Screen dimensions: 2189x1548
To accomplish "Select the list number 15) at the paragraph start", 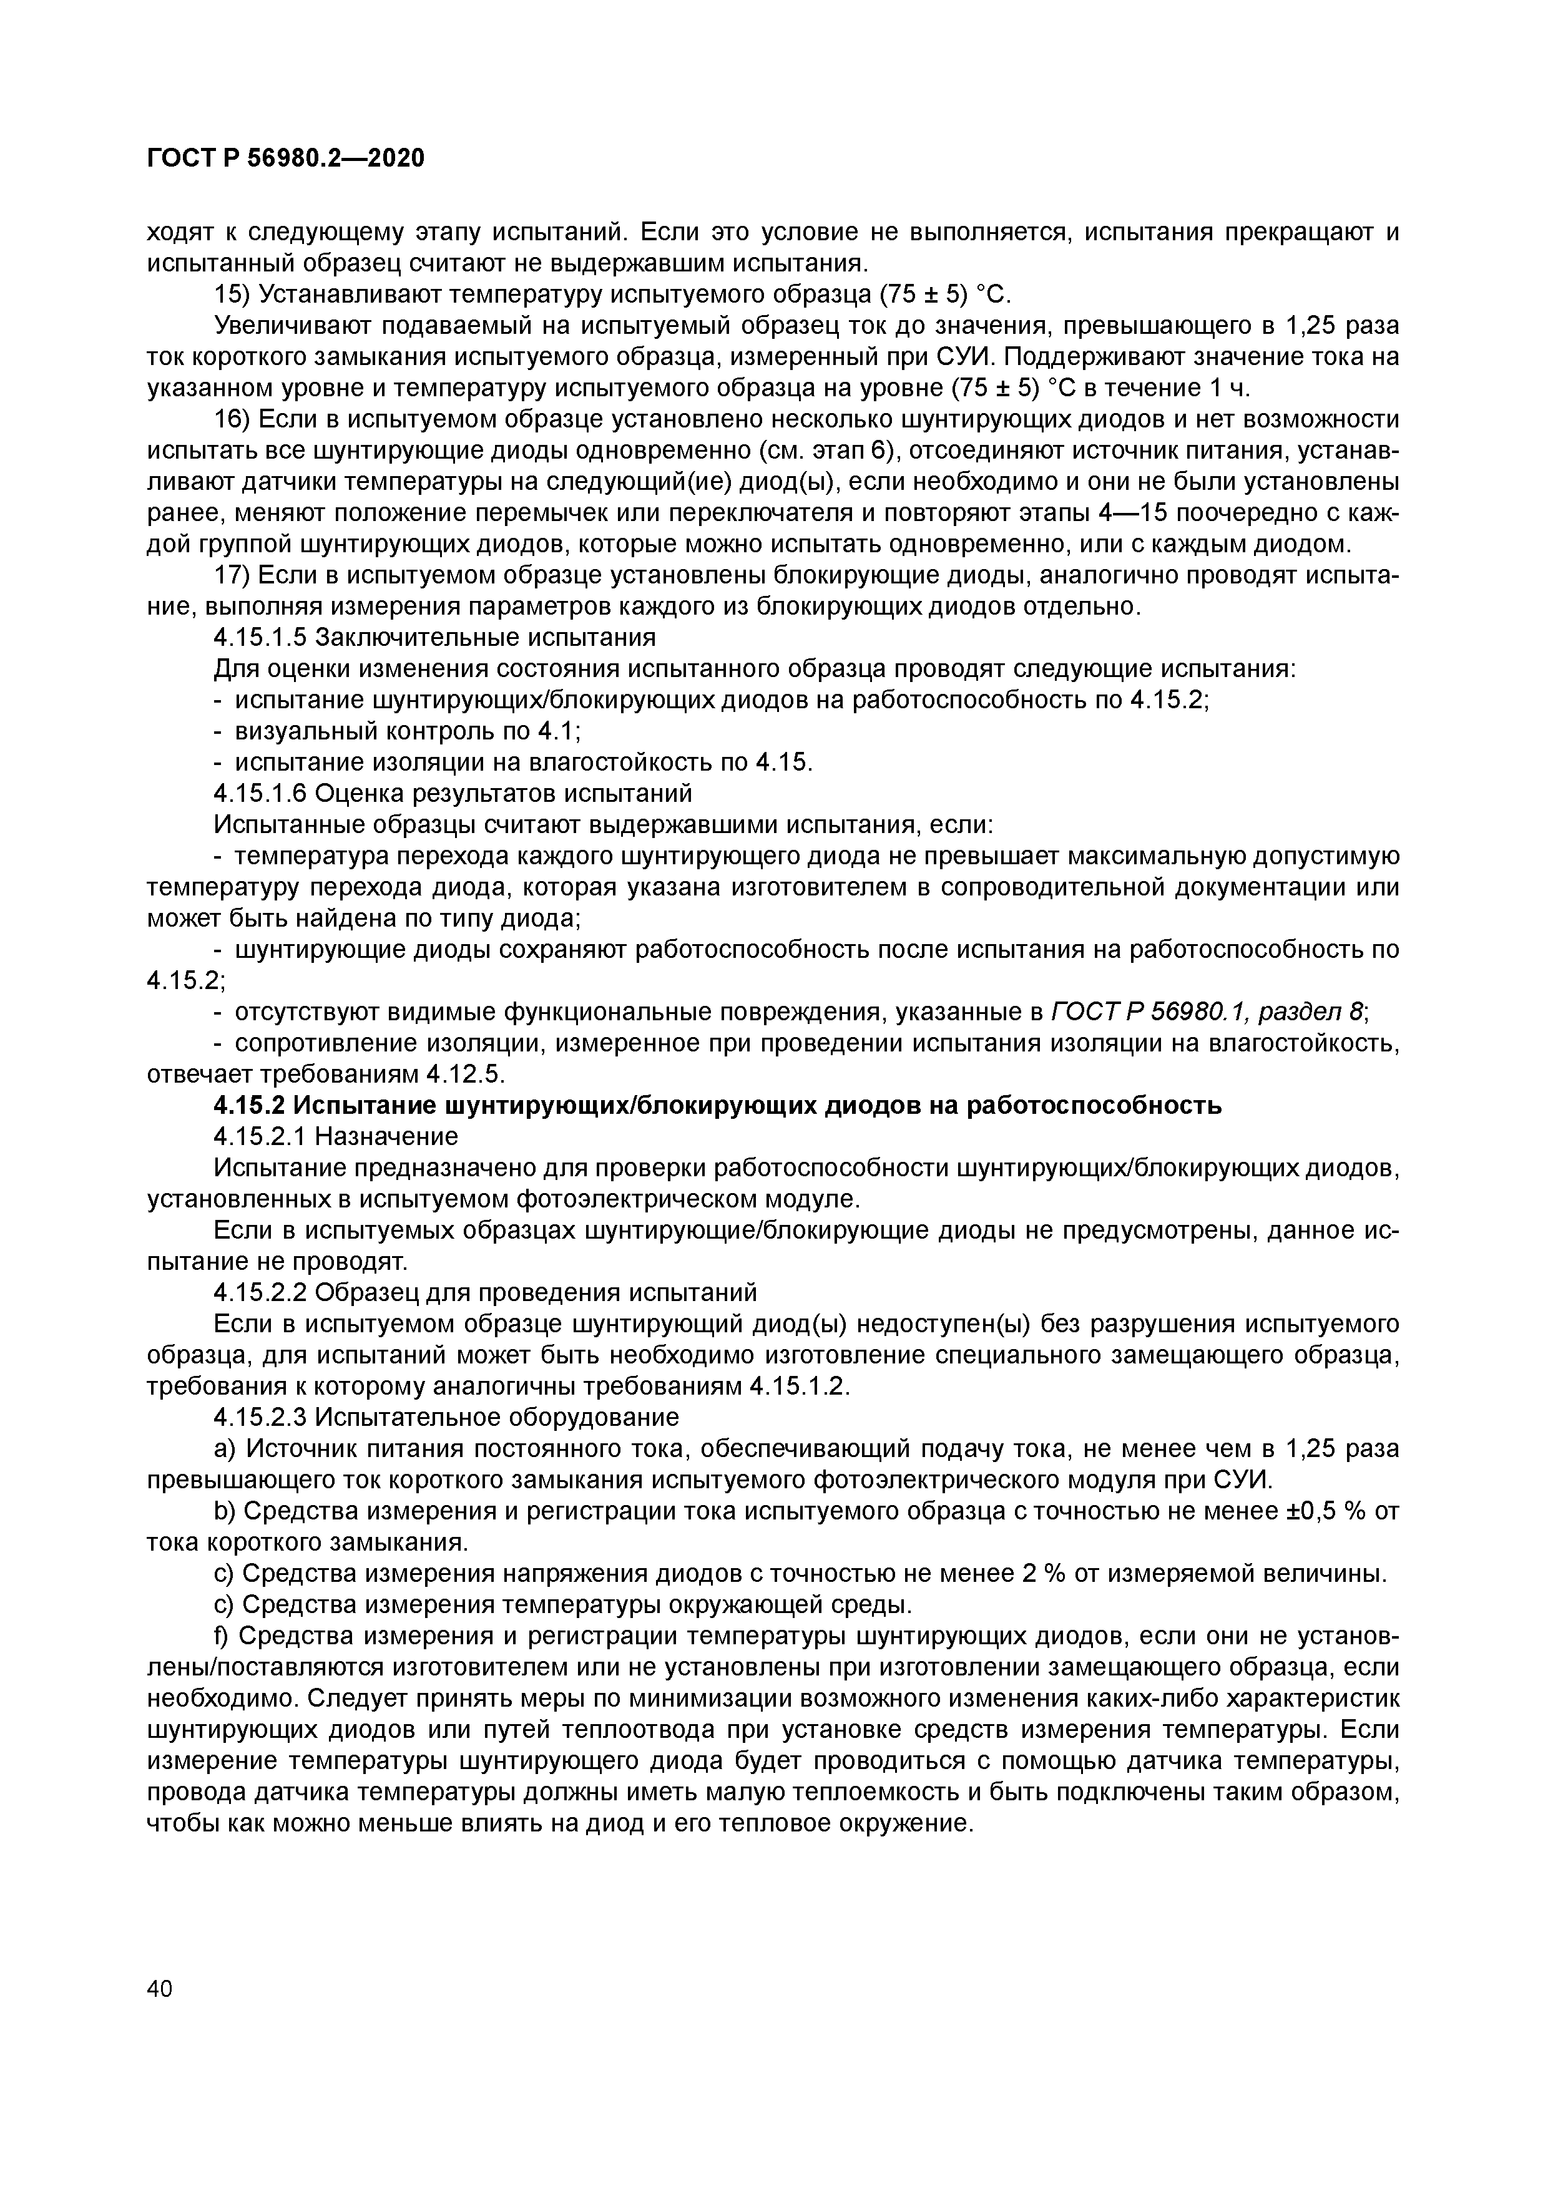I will tap(232, 294).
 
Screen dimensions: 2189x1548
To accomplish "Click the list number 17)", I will tap(232, 576).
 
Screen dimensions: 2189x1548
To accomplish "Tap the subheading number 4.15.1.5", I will tap(258, 638).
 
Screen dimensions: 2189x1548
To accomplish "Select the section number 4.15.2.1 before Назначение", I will tap(258, 1136).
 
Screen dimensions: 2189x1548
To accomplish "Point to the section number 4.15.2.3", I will tap(258, 1418).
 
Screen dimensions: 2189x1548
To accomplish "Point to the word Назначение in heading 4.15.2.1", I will tap(386, 1136).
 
